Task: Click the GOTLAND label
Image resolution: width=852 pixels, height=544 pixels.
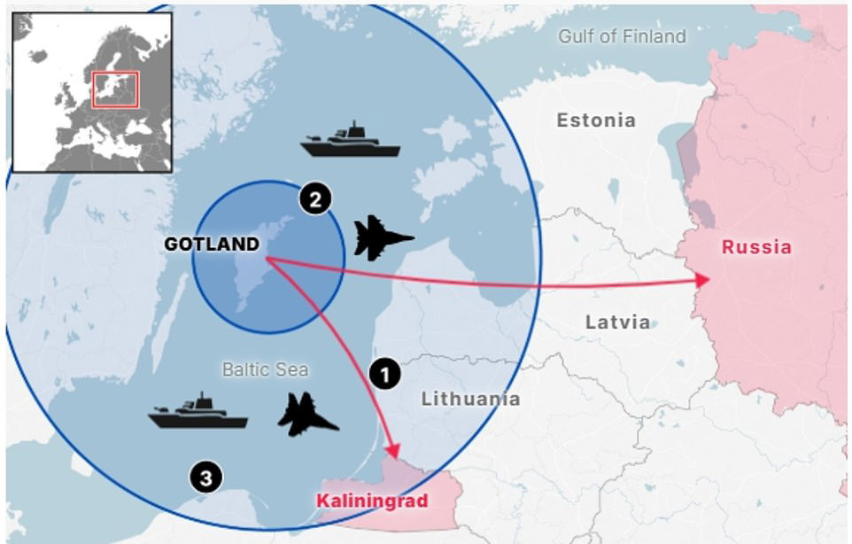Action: click(212, 245)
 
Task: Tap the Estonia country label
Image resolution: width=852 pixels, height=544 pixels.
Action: click(596, 120)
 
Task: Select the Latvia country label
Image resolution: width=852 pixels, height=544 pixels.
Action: click(617, 323)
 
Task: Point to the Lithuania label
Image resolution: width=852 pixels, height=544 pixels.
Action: click(470, 399)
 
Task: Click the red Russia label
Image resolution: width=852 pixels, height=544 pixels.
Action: click(756, 247)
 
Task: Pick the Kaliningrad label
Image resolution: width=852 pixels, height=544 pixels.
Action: click(372, 501)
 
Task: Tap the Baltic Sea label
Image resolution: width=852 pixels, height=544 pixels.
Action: click(265, 369)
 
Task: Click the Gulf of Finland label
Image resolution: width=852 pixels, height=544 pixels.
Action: click(622, 36)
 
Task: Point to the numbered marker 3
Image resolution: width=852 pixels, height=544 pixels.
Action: click(205, 478)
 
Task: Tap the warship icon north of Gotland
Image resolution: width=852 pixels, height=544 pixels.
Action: click(351, 141)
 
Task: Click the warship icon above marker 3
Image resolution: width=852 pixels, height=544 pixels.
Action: click(198, 412)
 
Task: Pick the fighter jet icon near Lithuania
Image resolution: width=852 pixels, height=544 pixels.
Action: click(307, 415)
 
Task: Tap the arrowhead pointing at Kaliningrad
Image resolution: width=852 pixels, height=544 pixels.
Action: click(393, 452)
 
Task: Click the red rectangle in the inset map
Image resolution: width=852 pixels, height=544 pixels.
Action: click(114, 89)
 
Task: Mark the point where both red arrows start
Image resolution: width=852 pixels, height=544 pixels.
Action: click(267, 259)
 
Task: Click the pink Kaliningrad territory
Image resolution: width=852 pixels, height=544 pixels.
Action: click(443, 496)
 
